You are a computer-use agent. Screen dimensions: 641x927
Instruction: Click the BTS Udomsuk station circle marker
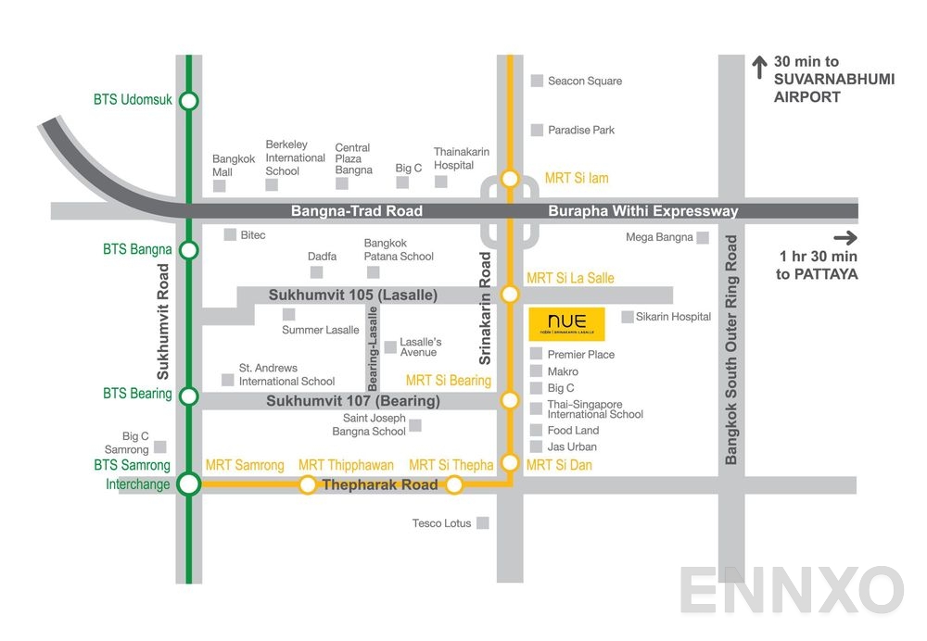click(188, 100)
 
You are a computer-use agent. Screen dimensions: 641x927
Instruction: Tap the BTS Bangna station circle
click(188, 250)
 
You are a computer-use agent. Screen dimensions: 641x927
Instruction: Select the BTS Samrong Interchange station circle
click(188, 484)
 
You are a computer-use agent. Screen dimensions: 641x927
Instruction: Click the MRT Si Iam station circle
click(510, 178)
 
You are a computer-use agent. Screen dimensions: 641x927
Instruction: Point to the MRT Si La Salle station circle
click(510, 295)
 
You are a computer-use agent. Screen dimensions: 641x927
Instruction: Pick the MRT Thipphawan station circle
click(308, 484)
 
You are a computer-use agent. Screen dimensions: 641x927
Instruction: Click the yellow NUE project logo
click(566, 323)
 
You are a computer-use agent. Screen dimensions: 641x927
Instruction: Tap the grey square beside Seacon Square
click(537, 81)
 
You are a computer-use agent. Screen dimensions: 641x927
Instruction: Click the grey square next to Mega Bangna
click(703, 238)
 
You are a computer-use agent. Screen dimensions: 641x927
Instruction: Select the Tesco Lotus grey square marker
click(483, 523)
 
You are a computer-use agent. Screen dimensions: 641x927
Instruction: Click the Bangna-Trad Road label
click(357, 211)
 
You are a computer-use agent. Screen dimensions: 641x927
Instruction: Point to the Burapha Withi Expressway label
click(643, 211)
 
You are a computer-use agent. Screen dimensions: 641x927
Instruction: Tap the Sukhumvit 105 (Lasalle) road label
click(352, 295)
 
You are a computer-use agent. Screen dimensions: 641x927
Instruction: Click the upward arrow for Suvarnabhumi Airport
click(757, 68)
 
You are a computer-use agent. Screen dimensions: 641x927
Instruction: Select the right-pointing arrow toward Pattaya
click(845, 237)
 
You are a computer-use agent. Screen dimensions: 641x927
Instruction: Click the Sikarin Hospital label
click(673, 317)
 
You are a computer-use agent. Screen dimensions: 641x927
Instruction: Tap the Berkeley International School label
click(295, 157)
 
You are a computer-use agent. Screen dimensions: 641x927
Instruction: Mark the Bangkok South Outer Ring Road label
click(731, 350)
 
